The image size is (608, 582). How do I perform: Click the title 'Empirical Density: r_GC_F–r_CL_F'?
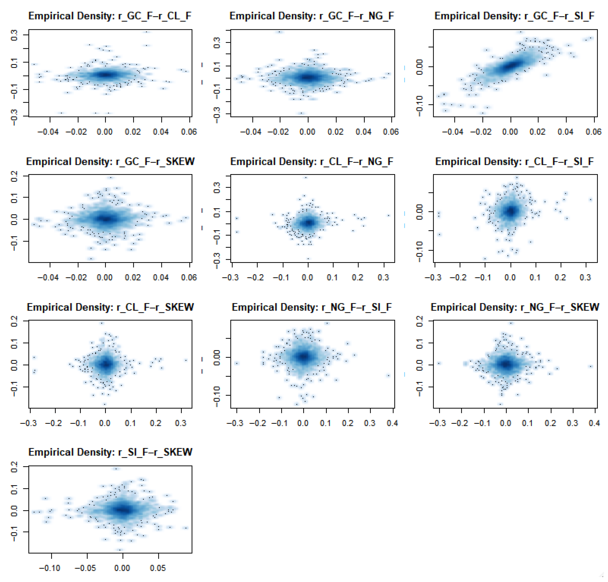click(x=110, y=16)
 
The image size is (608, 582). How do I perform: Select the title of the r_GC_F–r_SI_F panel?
click(x=515, y=16)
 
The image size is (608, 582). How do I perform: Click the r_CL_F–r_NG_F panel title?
click(x=312, y=162)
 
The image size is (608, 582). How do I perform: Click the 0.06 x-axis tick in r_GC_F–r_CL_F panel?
click(x=189, y=132)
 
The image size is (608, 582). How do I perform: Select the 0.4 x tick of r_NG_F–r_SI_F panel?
click(x=392, y=423)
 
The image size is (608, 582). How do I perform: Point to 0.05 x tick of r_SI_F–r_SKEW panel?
click(x=158, y=568)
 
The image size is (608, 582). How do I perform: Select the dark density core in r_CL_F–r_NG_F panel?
click(x=308, y=223)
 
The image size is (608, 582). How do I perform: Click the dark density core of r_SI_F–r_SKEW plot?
click(x=123, y=509)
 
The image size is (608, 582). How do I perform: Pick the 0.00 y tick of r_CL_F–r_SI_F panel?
click(x=419, y=212)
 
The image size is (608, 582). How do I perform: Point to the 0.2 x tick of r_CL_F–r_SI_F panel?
click(x=560, y=277)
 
